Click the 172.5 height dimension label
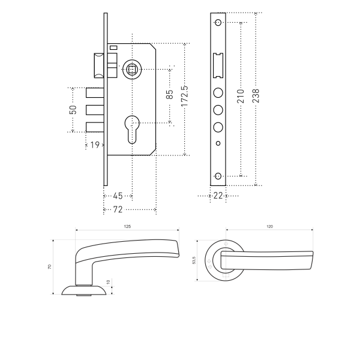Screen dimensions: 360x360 185,96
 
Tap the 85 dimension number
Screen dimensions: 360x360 169,94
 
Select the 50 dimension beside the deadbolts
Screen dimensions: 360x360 73,110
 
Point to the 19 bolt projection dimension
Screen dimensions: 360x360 95,145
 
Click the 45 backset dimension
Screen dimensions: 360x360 118,196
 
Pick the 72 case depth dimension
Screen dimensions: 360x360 118,209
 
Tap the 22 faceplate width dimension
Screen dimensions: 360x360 218,196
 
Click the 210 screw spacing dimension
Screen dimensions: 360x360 241,96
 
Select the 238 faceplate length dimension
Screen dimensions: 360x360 256,96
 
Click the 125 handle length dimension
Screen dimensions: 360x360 127,226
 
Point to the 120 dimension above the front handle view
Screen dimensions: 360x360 270,226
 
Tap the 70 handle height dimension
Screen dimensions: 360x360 50,267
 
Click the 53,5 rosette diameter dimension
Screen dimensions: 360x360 194,260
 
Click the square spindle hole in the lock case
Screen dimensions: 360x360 132,70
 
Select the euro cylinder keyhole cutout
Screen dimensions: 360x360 132,130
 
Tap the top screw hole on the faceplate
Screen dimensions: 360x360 218,23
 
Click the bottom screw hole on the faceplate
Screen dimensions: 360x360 218,176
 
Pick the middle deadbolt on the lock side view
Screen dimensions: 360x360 95,110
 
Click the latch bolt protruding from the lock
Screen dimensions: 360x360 99,65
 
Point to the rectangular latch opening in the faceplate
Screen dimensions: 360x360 218,65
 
